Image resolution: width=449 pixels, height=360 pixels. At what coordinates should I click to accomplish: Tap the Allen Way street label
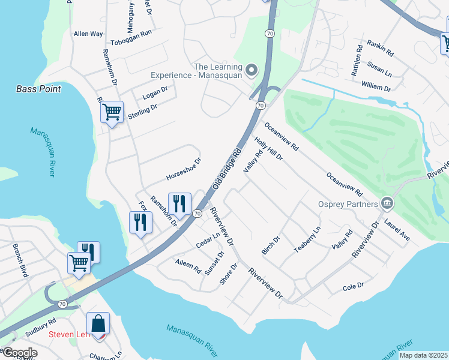[x=88, y=34]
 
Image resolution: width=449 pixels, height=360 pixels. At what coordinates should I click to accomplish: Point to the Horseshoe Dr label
[x=183, y=170]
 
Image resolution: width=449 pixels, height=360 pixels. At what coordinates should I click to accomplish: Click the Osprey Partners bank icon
[x=387, y=204]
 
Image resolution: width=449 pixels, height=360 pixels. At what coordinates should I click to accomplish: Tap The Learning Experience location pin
[x=252, y=71]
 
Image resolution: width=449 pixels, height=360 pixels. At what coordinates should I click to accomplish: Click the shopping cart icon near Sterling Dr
[x=112, y=112]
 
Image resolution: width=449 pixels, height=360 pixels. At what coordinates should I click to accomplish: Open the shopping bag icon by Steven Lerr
[x=98, y=323]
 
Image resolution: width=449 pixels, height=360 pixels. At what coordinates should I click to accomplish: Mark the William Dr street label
[x=376, y=88]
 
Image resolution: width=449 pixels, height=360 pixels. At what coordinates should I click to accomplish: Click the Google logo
[x=20, y=353]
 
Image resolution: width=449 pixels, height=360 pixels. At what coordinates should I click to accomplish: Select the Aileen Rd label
[x=188, y=266]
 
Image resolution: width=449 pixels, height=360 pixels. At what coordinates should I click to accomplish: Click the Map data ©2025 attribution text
[x=423, y=355]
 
